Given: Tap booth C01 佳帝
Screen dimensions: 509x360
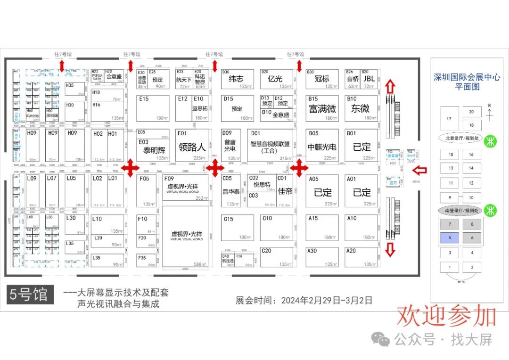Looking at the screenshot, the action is click(285, 191).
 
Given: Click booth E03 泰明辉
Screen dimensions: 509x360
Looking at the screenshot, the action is click(153, 150).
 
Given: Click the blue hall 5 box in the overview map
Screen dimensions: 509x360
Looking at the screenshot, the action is click(450, 238).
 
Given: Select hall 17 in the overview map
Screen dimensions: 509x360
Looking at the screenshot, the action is click(449, 119).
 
